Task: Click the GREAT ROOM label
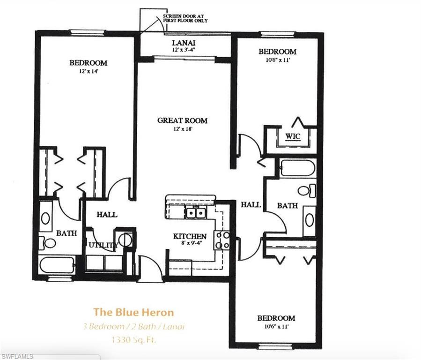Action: coord(182,120)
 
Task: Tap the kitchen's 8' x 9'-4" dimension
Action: coord(190,243)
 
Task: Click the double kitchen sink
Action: coord(196,213)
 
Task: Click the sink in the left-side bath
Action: coord(46,218)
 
